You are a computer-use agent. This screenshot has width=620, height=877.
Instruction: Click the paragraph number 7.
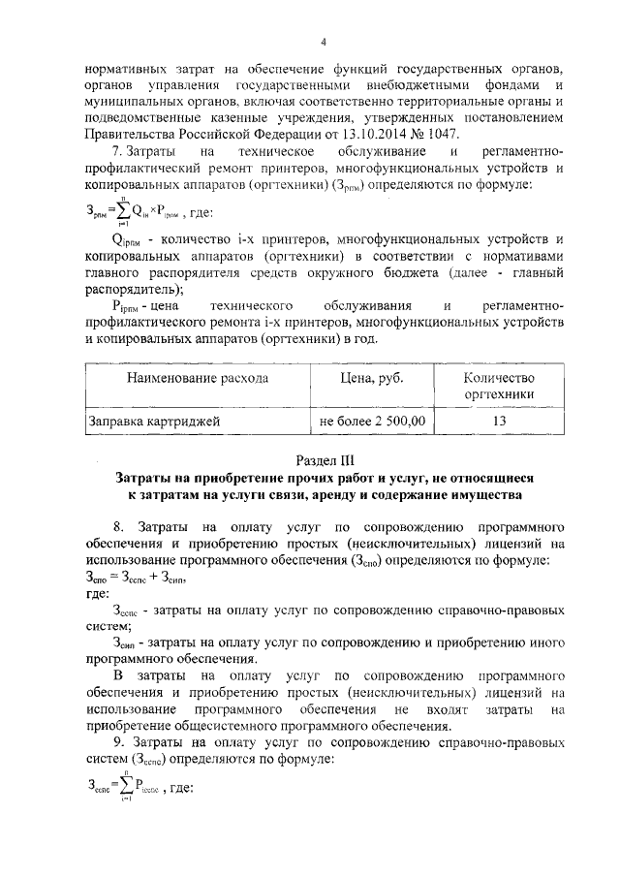[117, 151]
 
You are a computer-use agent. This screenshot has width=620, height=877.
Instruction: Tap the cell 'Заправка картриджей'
[155, 422]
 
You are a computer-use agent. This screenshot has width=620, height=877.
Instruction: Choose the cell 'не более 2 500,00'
[373, 422]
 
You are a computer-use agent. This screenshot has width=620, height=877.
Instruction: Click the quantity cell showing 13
[499, 422]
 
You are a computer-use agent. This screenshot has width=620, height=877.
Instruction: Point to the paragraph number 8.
[117, 526]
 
